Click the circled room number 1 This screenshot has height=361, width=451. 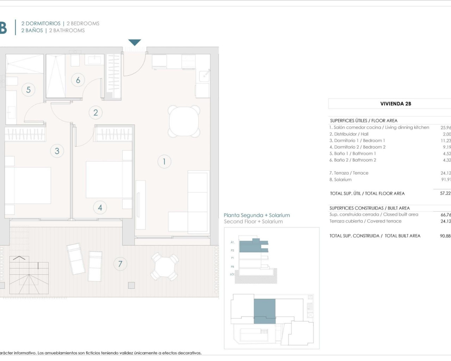tap(164, 161)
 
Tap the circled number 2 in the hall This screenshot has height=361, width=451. tap(95, 112)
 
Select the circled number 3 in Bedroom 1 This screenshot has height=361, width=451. tap(57, 151)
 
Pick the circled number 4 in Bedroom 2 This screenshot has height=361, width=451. tap(100, 208)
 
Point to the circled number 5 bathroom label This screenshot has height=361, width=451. tap(29, 90)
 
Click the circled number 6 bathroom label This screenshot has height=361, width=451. tap(78, 80)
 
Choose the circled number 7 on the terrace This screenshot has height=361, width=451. tap(120, 264)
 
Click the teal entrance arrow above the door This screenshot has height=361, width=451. tap(135, 42)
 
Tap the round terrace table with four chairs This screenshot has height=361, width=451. tap(164, 267)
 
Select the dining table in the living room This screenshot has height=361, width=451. tap(184, 121)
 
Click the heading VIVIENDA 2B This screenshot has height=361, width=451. tap(396, 104)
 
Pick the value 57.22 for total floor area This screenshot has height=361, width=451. tap(445, 193)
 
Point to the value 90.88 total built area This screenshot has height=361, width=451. tap(445, 236)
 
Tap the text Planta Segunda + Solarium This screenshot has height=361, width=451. tap(257, 215)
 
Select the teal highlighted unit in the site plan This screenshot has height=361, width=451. tap(265, 311)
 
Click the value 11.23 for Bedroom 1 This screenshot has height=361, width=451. tap(445, 140)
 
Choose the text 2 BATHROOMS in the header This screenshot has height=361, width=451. tap(67, 30)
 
